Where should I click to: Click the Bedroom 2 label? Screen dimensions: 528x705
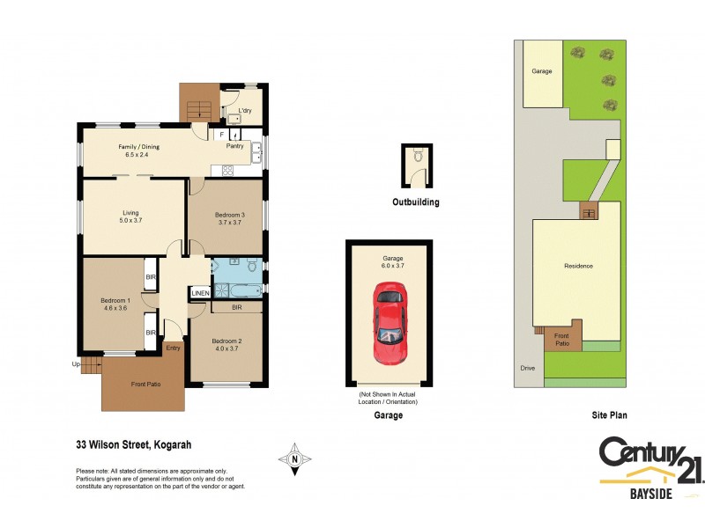point(226,341)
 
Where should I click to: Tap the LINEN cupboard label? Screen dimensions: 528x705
point(200,292)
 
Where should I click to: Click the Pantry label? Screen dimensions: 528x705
point(234,146)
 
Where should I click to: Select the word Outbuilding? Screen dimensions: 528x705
point(415,202)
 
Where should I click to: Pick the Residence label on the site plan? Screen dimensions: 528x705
point(578,266)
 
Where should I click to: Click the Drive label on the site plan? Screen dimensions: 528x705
point(527,368)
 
